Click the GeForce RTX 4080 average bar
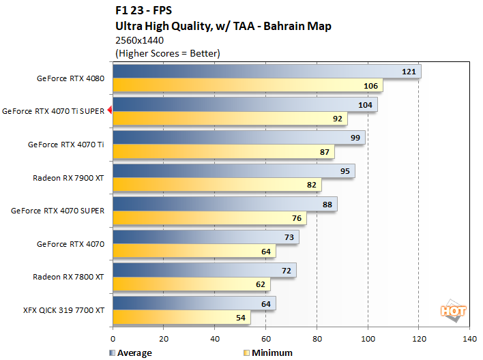(266, 72)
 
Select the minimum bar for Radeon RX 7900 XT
(216, 185)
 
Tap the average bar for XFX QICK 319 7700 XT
(194, 303)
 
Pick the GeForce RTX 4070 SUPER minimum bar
(209, 218)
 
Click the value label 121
(409, 72)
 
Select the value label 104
(365, 104)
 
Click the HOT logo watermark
(453, 311)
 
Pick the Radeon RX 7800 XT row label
(68, 277)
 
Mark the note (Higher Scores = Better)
(167, 53)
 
